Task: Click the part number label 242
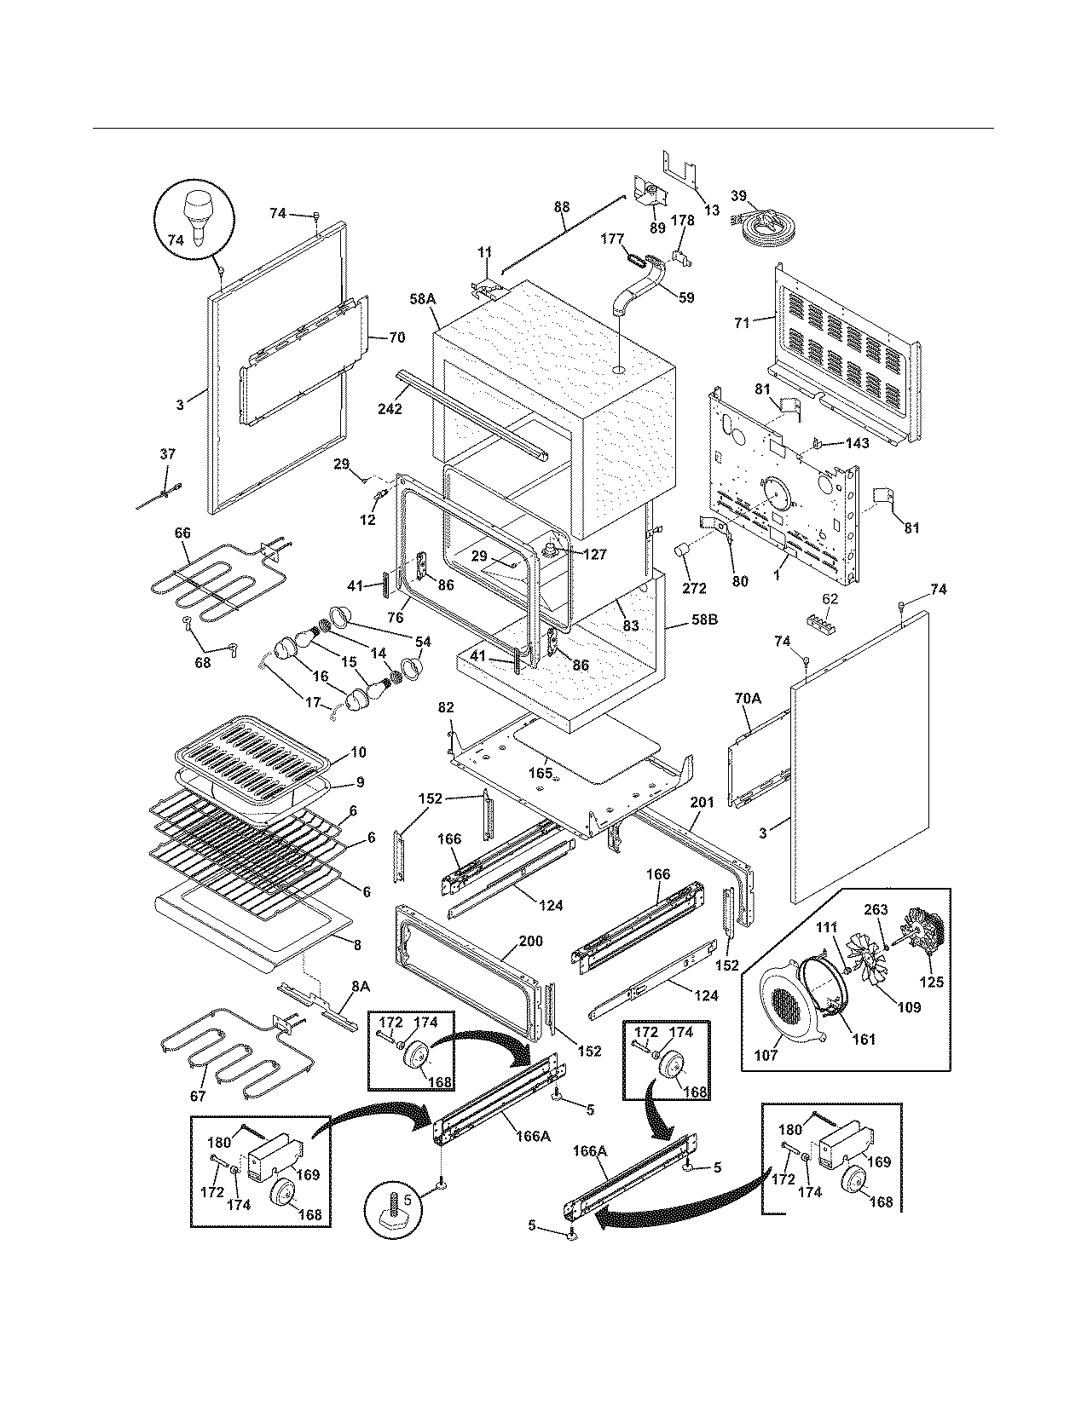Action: click(x=390, y=408)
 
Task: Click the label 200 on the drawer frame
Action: click(x=530, y=942)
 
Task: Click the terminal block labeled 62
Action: click(x=824, y=624)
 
